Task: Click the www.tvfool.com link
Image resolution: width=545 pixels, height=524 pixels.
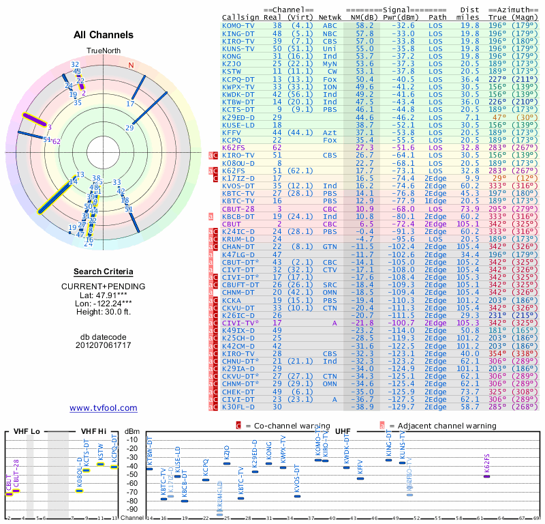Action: click(x=104, y=408)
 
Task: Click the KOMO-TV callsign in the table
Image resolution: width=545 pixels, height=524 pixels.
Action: click(x=238, y=25)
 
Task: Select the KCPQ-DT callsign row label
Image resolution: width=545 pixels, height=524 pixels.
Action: click(x=238, y=79)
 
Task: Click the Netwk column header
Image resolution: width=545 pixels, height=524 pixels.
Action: click(x=330, y=16)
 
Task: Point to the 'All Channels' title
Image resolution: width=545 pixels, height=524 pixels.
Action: click(x=104, y=35)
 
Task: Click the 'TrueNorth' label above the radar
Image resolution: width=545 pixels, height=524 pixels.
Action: click(x=104, y=50)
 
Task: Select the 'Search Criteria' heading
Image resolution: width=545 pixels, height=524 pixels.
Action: click(x=104, y=272)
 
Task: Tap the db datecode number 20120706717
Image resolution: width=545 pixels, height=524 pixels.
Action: click(x=104, y=345)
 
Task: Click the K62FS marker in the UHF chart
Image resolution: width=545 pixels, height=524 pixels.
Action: click(x=486, y=476)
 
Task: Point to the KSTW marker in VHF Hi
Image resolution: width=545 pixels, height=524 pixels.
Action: click(x=100, y=464)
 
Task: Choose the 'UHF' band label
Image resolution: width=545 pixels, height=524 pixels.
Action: click(x=343, y=431)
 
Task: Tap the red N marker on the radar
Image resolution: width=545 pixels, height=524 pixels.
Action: click(x=131, y=65)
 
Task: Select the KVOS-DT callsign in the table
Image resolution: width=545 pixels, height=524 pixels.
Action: click(x=238, y=185)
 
